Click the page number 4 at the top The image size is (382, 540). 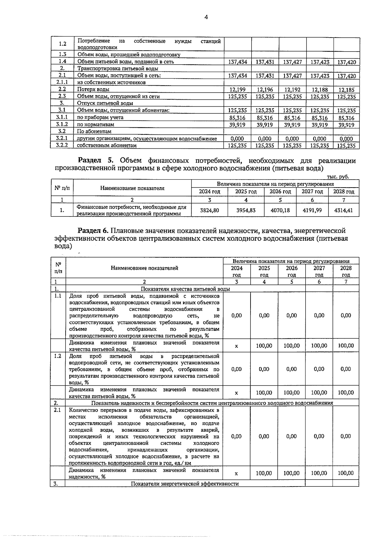pos(206,18)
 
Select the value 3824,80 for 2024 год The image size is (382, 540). pos(209,210)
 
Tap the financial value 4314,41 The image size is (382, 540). pos(344,210)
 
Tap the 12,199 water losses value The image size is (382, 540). pos(237,90)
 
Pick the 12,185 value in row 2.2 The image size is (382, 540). pos(346,90)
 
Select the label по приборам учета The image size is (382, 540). pos(100,117)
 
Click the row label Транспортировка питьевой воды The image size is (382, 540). pos(118,68)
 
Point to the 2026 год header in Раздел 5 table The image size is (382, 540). pos(280,192)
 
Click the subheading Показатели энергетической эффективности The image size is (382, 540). pos(185,484)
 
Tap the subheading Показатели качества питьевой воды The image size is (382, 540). pos(185,289)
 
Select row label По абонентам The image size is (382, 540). pos(94,131)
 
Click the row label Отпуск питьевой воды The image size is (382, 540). pos(105,103)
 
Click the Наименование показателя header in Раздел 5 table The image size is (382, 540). pos(132,188)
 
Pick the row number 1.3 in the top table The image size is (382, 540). pos(62,54)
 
